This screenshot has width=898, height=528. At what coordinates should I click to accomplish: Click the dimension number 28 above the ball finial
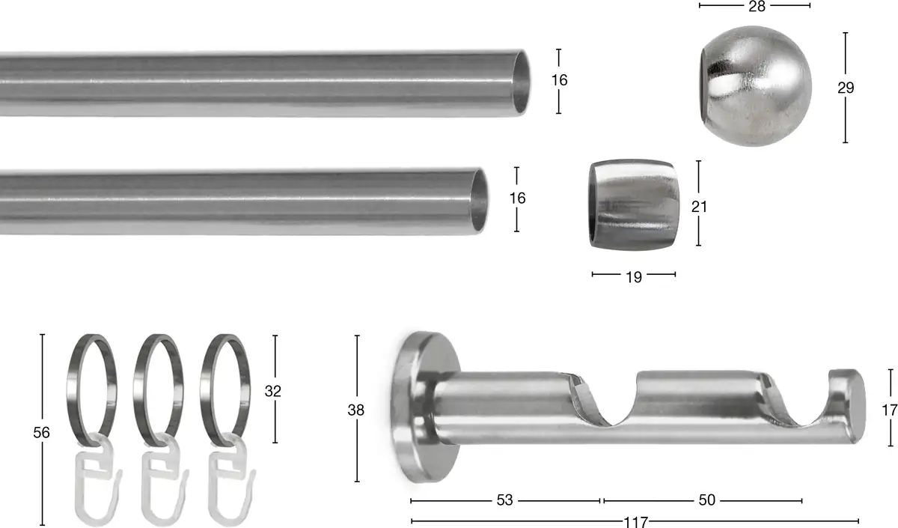point(757,7)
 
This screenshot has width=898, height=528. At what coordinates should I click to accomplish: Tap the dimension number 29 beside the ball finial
point(846,88)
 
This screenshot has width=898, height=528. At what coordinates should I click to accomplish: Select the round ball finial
point(756,86)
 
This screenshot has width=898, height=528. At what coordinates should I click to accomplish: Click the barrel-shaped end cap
point(634,204)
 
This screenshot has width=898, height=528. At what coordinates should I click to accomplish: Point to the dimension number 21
point(699,207)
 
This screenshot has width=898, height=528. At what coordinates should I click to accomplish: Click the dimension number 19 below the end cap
point(634,277)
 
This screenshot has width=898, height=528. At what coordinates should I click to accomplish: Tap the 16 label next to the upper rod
point(559,80)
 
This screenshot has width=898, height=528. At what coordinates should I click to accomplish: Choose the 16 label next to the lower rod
point(517,198)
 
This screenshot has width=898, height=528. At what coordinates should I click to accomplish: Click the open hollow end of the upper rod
point(521,82)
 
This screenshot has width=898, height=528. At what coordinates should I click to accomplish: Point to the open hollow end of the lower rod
point(479,201)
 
